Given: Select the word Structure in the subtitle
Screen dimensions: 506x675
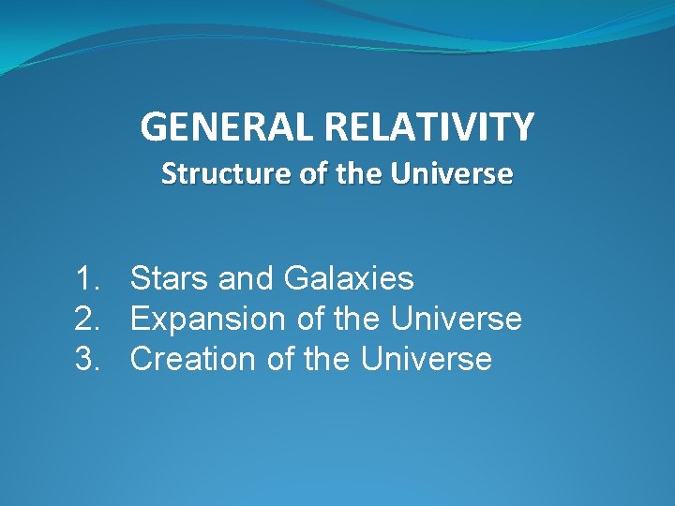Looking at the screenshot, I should pyautogui.click(x=217, y=174).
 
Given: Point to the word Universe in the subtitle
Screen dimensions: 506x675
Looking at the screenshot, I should pyautogui.click(x=463, y=174).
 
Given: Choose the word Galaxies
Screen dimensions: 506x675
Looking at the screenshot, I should pyautogui.click(x=349, y=278).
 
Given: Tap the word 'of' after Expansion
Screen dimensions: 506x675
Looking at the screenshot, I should pyautogui.click(x=310, y=319).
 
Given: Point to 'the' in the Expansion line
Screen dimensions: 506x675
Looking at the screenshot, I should pyautogui.click(x=357, y=319).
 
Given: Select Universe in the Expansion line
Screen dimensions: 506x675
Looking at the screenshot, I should pyautogui.click(x=456, y=319).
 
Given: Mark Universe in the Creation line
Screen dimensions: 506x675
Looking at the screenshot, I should pyautogui.click(x=427, y=359).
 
